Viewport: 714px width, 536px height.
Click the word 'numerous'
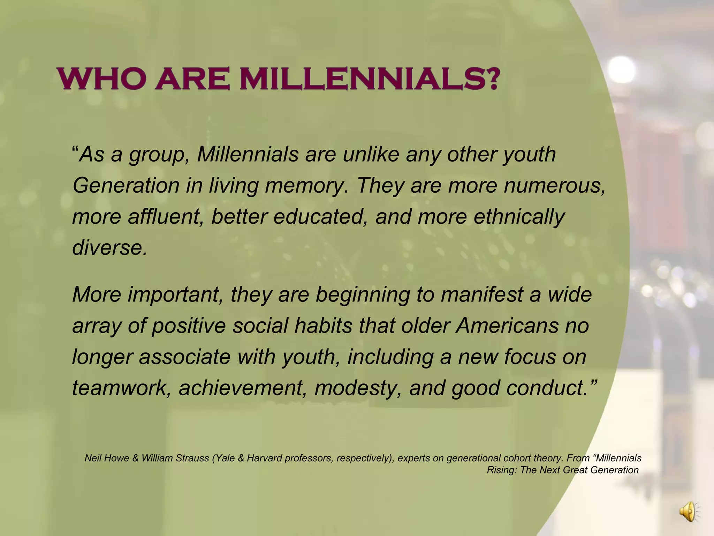[x=554, y=185]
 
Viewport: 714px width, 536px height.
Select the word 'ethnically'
[x=519, y=216]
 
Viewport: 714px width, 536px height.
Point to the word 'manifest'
[x=482, y=294]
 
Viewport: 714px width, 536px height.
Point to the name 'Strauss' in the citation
[x=192, y=458]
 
